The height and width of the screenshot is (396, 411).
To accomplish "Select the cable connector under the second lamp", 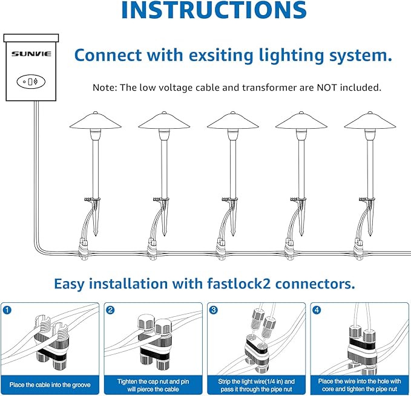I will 154,245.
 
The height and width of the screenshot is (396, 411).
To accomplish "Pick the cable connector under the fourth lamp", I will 291,245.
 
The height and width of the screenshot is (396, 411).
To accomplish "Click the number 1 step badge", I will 7,311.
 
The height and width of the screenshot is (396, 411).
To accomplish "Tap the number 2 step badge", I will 110,311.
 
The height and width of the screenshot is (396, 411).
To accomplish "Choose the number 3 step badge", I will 213,311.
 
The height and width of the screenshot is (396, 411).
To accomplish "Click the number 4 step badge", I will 317,311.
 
